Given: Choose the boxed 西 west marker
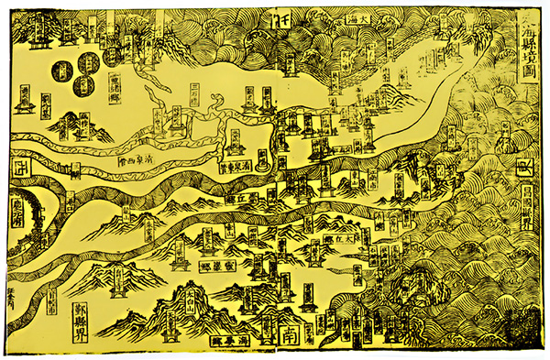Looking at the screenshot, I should pos(19,167).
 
